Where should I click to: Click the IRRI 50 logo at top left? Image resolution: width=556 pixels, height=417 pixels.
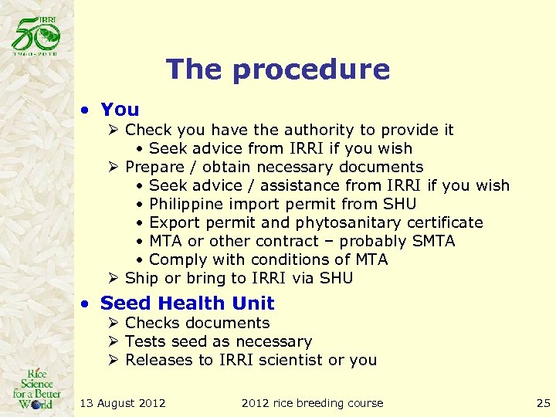point(35,35)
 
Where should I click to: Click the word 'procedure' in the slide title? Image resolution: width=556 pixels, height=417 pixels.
point(310,69)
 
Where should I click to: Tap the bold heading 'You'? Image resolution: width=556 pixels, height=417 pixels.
point(120,110)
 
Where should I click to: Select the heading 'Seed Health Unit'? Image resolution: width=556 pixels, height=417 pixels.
point(187,303)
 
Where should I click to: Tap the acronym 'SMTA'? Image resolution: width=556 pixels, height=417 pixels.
point(430,241)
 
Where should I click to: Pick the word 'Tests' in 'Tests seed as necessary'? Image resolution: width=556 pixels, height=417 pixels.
point(144,341)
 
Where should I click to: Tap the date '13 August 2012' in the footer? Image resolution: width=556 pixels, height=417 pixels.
point(123,402)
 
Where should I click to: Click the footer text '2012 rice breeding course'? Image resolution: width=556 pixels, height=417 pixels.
point(312,402)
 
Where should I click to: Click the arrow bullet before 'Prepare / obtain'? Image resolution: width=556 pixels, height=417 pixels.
point(113,167)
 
